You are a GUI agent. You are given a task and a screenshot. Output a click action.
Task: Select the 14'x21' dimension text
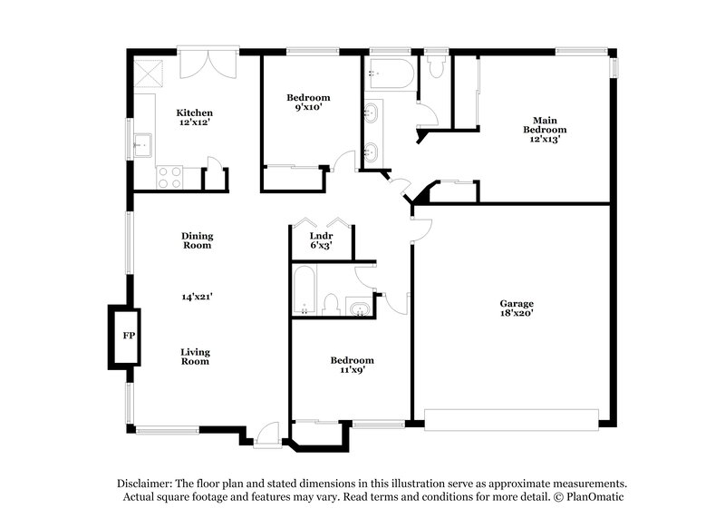[x=197, y=296]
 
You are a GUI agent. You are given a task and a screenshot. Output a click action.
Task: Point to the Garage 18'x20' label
[x=517, y=308]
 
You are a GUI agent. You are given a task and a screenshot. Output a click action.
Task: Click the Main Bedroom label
[x=544, y=130]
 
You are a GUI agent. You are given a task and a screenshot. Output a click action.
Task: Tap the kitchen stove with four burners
[x=169, y=177]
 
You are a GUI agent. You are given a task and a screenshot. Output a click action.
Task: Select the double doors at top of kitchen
[x=208, y=64]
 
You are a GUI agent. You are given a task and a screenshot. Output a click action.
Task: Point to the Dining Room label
[x=197, y=240]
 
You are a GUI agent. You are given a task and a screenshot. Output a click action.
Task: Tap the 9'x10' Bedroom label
[x=308, y=103]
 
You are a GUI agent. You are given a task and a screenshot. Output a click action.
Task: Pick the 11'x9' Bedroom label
[x=352, y=365]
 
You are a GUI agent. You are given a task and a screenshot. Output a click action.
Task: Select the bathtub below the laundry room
[x=304, y=290]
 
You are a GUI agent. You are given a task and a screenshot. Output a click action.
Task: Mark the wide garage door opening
[x=512, y=418]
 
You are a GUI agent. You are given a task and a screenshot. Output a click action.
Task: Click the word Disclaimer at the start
[x=149, y=484]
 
